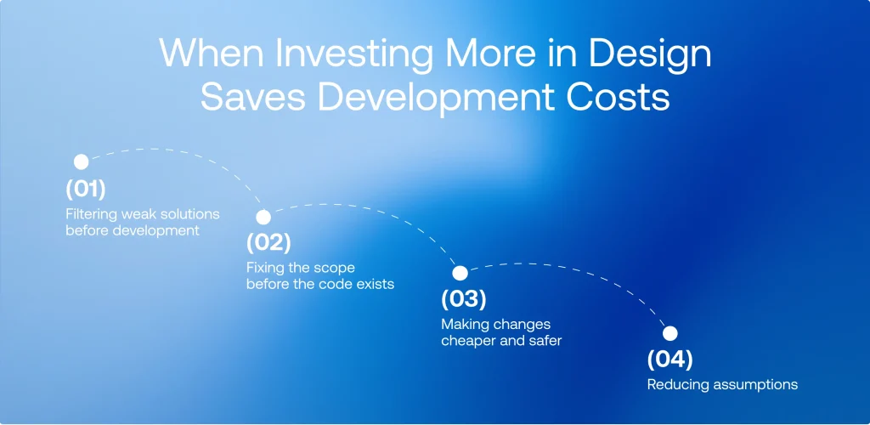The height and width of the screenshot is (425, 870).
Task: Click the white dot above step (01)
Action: pyautogui.click(x=81, y=161)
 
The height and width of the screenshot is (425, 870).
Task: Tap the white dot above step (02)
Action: pyautogui.click(x=263, y=217)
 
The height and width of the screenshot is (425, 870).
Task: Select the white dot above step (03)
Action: pyautogui.click(x=460, y=273)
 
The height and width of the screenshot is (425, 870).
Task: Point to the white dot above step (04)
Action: pyautogui.click(x=669, y=333)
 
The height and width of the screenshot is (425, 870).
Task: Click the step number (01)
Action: pyautogui.click(x=84, y=188)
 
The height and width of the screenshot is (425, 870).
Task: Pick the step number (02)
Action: pyautogui.click(x=268, y=243)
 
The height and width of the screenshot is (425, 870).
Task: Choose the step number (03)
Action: pyautogui.click(x=463, y=299)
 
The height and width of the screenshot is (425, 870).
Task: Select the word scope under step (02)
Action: pyautogui.click(x=336, y=268)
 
